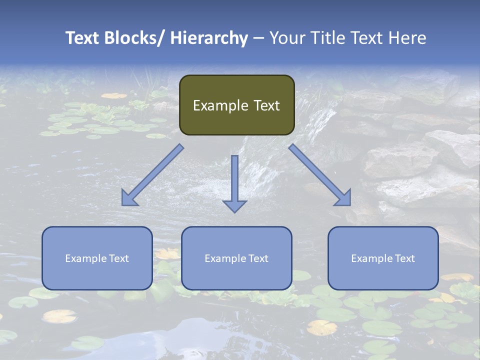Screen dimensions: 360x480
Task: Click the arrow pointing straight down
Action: (x=234, y=180)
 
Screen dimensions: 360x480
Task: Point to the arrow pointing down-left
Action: (x=152, y=175)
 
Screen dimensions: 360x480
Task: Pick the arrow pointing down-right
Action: (x=320, y=175)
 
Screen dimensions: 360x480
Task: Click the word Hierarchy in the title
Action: (x=208, y=38)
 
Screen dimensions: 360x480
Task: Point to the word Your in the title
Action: (x=286, y=38)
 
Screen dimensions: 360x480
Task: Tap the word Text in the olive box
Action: (x=266, y=105)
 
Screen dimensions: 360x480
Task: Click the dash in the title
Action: (x=258, y=38)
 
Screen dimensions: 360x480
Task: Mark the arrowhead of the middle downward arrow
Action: (x=234, y=205)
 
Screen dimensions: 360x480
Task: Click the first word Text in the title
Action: (x=83, y=38)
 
